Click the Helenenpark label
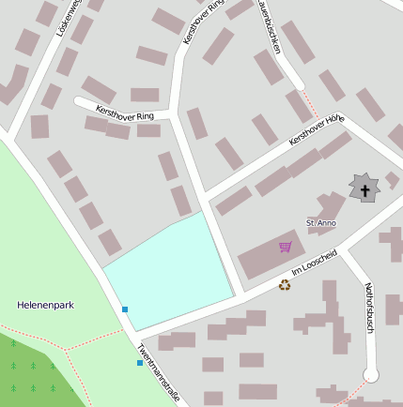pos(45,305)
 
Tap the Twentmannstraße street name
pos(158,371)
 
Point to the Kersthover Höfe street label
pos(318,129)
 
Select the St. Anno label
pos(321,223)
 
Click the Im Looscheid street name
pos(314,263)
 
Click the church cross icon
pos(364,188)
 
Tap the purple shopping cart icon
pos(286,248)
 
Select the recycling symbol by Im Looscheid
pos(285,285)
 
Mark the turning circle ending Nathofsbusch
pos(371,375)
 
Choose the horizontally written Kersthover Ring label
pos(124,113)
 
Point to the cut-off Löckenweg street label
pos(68,18)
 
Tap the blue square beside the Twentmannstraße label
pos(140,363)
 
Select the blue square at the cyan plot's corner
pos(125,309)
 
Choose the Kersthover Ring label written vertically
pos(205,22)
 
